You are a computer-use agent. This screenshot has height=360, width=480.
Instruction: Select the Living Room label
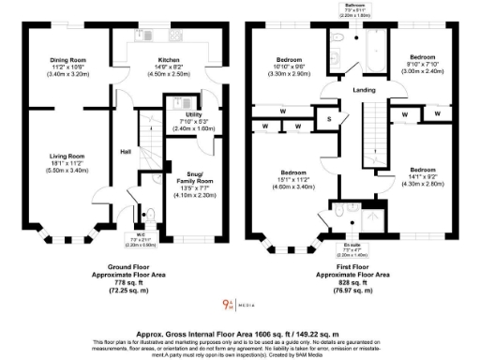[67, 156]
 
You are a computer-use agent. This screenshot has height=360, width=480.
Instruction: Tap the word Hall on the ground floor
[124, 152]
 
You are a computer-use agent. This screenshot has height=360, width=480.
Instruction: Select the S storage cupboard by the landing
[329, 119]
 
